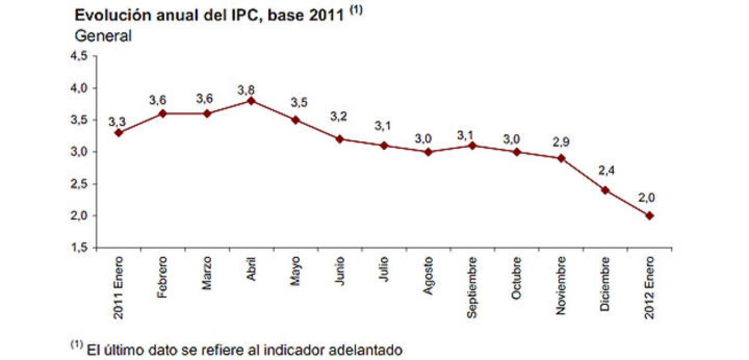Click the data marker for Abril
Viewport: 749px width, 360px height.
(x=251, y=101)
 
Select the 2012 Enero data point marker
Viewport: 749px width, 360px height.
(x=649, y=216)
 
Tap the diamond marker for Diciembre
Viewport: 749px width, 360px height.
(x=605, y=190)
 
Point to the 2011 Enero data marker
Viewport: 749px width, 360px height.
(x=118, y=133)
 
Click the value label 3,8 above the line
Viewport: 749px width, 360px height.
(x=246, y=90)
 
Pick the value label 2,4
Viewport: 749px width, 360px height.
(x=606, y=171)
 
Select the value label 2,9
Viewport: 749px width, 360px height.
(x=560, y=142)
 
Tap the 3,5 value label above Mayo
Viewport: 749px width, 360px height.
(x=299, y=103)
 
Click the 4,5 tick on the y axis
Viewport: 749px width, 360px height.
(x=79, y=56)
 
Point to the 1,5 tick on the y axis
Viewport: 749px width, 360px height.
(x=79, y=247)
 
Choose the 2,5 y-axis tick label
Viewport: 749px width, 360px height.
(x=79, y=184)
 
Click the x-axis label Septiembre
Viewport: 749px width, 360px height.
(x=472, y=287)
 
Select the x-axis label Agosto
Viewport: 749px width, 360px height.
(x=428, y=276)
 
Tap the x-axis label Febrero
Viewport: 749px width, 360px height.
(x=162, y=277)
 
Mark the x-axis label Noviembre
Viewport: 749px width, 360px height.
(x=560, y=285)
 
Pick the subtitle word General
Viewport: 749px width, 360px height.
(x=103, y=36)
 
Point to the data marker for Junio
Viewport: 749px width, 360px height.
(x=339, y=139)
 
